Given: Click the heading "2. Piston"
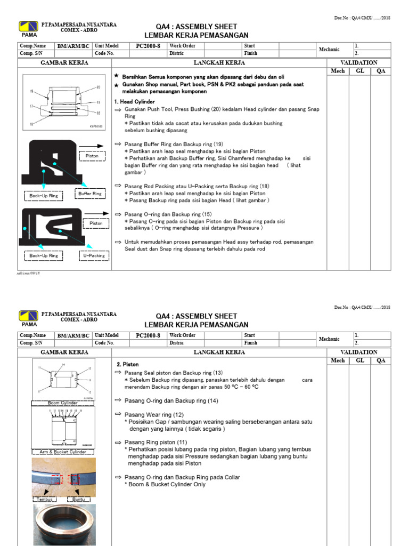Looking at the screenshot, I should (x=127, y=364).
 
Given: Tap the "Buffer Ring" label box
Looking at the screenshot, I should (x=89, y=194).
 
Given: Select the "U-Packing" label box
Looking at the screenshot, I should (x=94, y=256).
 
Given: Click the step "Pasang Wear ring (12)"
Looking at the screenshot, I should (x=154, y=414).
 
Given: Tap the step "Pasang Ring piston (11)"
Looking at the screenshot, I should (x=156, y=442).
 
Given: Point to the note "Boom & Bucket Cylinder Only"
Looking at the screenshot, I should (x=167, y=484).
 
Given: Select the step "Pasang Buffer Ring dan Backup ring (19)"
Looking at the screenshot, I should (x=174, y=144).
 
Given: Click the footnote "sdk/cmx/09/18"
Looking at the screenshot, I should (x=29, y=272).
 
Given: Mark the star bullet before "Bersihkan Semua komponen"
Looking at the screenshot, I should (x=116, y=76).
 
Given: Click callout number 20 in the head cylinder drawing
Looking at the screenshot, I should (x=98, y=87).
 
